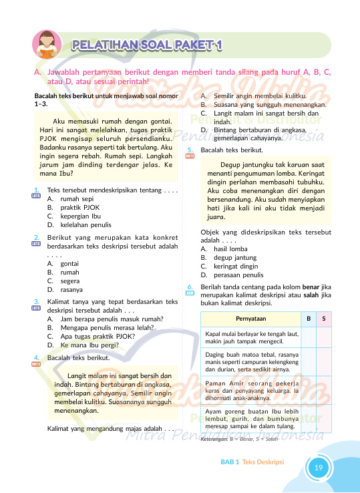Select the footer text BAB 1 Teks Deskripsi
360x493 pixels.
pos(252,462)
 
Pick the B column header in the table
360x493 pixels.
pos(308,319)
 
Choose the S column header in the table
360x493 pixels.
pos(324,319)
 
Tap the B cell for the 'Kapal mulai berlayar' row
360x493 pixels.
pos(308,337)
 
